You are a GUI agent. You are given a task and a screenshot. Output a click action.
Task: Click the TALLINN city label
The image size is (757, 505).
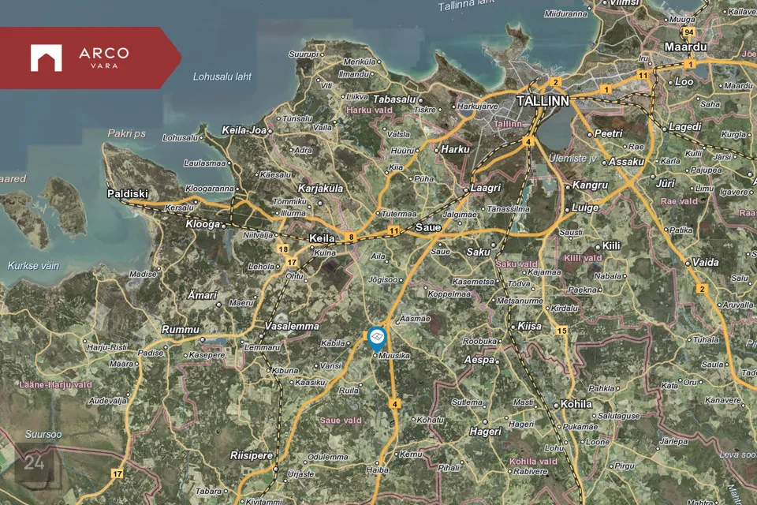543,102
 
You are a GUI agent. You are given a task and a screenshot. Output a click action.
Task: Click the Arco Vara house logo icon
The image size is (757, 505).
46,58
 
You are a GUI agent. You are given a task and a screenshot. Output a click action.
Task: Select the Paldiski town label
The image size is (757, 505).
128,193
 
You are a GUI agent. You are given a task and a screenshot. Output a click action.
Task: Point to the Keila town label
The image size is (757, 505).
322,238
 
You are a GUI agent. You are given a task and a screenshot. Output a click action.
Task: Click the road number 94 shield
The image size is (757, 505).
689,32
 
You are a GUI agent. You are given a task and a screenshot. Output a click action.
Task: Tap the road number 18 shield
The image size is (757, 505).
283,249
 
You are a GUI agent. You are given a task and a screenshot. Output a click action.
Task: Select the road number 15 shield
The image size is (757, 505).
561,331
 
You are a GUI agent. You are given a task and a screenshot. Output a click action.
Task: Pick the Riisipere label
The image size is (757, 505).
250,455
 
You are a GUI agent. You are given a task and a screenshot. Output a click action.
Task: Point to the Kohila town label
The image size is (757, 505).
576,404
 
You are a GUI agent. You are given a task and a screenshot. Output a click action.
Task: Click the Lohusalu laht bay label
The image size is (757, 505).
222,77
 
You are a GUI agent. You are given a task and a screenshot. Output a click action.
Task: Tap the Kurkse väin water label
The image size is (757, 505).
33,266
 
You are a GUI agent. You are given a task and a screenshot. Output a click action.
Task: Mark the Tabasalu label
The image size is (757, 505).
393,99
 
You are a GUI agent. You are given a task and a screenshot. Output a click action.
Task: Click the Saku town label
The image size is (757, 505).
478,252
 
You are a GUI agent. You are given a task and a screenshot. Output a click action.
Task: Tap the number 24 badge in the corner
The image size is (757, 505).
34,463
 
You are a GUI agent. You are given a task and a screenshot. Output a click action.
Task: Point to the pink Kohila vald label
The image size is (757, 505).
534,461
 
